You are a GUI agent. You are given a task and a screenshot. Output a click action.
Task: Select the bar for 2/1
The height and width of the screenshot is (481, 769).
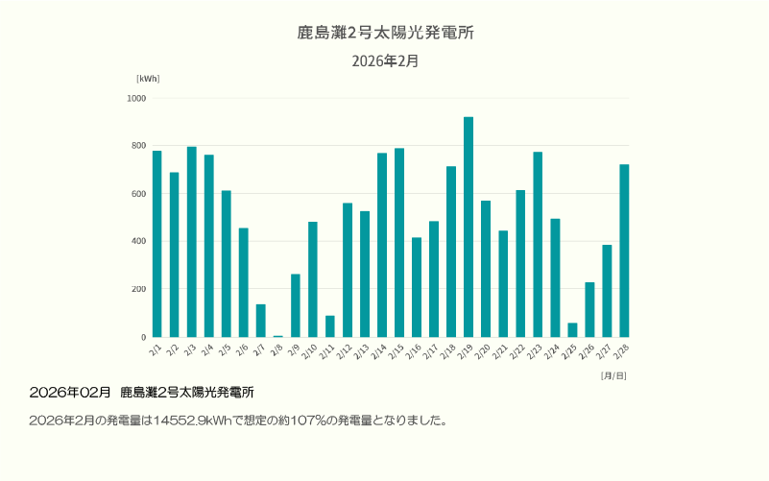pos(156,244)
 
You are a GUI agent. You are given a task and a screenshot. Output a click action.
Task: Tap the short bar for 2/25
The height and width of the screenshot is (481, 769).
pos(572,330)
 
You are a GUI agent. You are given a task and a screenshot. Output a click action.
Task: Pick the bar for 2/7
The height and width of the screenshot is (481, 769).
pos(261,321)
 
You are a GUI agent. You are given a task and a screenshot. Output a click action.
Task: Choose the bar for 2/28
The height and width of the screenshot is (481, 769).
pos(624,251)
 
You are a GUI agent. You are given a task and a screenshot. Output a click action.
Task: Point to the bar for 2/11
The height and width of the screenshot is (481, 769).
pos(330,326)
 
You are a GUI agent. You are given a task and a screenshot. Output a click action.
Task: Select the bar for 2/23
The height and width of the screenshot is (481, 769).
pos(538,245)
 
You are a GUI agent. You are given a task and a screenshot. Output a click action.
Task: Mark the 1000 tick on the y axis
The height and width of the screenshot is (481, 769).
pos(136,98)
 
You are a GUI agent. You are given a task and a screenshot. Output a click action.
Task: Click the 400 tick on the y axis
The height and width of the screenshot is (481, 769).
pos(138,241)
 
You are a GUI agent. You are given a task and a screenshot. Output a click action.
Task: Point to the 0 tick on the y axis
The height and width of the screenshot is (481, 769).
pos(143,337)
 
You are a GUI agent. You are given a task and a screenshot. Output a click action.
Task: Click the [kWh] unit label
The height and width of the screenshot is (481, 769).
pos(148,78)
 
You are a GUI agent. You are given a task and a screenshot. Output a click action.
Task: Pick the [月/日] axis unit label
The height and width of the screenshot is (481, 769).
pos(613,374)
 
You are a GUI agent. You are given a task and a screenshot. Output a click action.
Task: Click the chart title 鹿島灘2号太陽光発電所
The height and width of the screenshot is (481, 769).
pos(385,33)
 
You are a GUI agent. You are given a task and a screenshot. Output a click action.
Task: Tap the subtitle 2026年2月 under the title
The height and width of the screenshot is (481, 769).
pos(385,60)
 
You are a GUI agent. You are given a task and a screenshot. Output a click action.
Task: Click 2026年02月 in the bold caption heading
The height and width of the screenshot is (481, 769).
pos(70,393)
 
